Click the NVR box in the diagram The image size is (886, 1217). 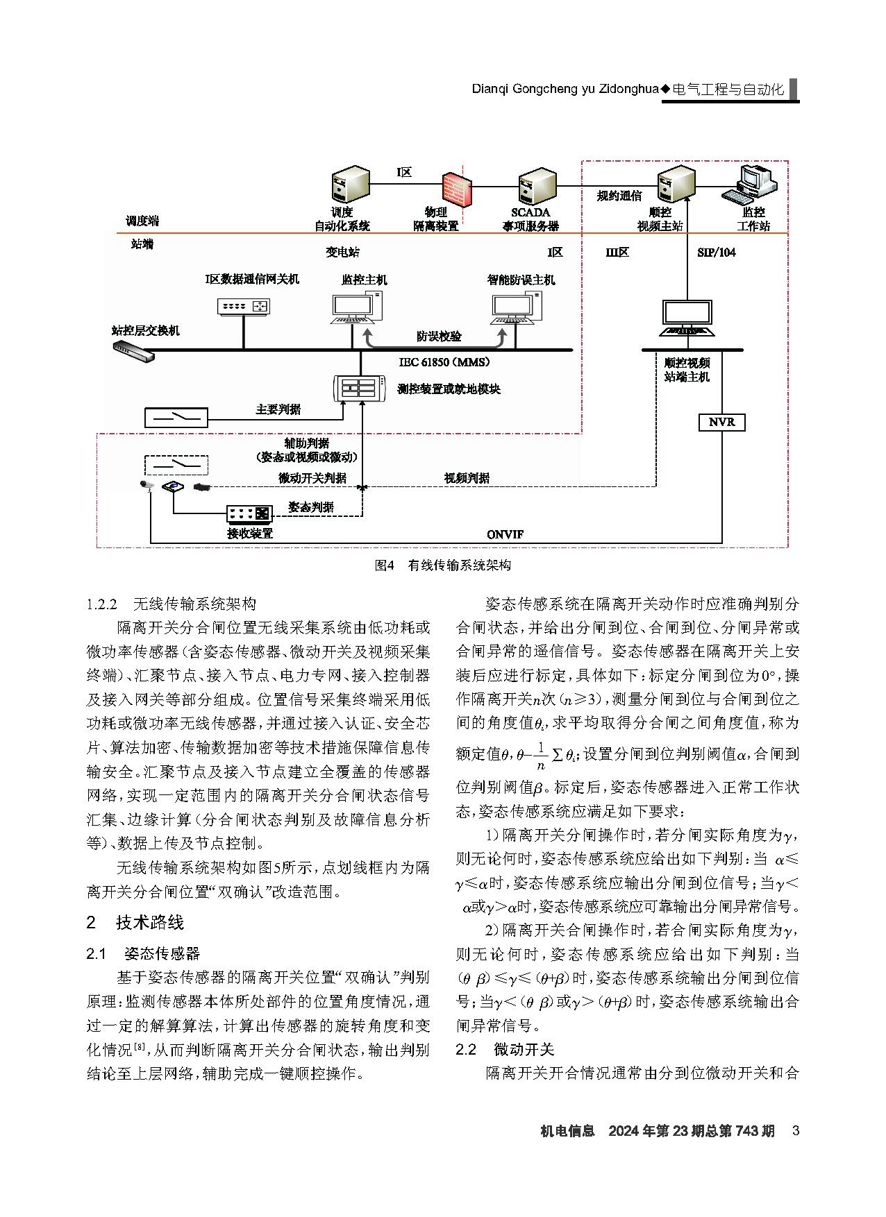(x=721, y=422)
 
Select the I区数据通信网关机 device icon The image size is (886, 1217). (x=243, y=305)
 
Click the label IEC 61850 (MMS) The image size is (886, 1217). (x=444, y=361)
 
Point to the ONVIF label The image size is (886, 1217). (x=505, y=534)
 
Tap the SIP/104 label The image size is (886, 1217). (x=717, y=253)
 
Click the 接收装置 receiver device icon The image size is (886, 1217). (x=249, y=514)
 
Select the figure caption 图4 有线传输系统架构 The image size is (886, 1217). (x=442, y=565)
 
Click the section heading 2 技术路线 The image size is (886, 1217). (x=135, y=922)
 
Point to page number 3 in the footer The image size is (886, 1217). (x=796, y=1131)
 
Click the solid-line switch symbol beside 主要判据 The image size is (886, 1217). (x=176, y=417)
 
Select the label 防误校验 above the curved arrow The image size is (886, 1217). (x=439, y=336)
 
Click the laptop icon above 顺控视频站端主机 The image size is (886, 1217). (x=687, y=318)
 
